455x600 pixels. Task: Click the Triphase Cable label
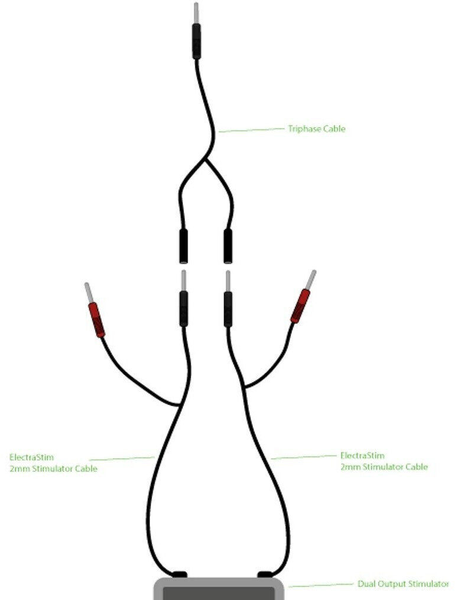pyautogui.click(x=316, y=129)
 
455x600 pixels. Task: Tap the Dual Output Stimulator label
pyautogui.click(x=403, y=584)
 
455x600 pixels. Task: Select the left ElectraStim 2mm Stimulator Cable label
pyautogui.click(x=53, y=462)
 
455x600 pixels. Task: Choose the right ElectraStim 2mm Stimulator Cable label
pyautogui.click(x=383, y=461)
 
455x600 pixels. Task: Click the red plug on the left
pyautogui.click(x=96, y=319)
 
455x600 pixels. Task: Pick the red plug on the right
pyautogui.click(x=300, y=306)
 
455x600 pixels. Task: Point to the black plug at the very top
pyautogui.click(x=197, y=41)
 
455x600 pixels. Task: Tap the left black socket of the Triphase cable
pyautogui.click(x=184, y=246)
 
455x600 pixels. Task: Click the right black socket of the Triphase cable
pyautogui.click(x=228, y=246)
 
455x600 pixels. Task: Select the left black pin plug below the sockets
pyautogui.click(x=184, y=308)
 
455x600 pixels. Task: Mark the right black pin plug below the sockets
pyautogui.click(x=228, y=308)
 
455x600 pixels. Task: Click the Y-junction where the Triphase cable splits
pyautogui.click(x=206, y=158)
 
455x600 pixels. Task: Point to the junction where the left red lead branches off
pyautogui.click(x=180, y=405)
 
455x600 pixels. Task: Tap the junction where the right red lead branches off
pyautogui.click(x=244, y=387)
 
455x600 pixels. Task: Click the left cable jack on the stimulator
pyautogui.click(x=178, y=574)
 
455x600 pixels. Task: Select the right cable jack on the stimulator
pyautogui.click(x=265, y=574)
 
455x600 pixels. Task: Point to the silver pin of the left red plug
pyautogui.click(x=89, y=292)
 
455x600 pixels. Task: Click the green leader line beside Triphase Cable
pyautogui.click(x=251, y=130)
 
